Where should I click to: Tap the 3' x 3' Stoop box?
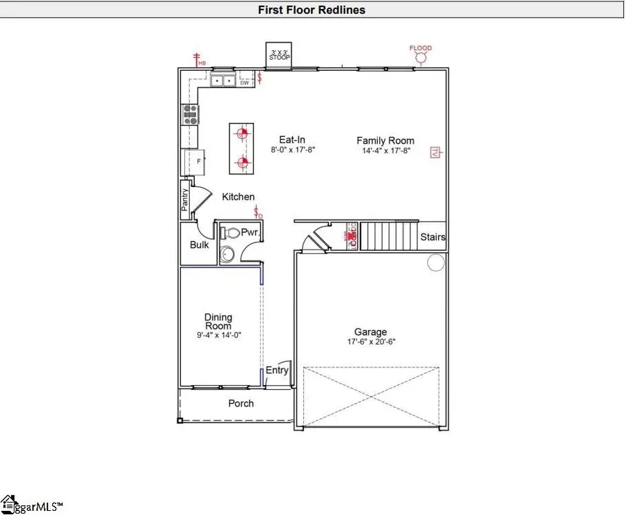280,55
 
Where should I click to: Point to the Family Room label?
385,140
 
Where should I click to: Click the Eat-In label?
293,140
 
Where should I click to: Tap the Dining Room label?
218,322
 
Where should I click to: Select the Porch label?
241,403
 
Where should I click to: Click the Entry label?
277,370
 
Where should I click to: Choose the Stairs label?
433,238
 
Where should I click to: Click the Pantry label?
185,200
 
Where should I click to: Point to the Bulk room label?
200,245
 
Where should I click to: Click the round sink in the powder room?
227,254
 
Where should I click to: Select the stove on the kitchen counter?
190,114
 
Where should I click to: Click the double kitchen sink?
224,81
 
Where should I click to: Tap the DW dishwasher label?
244,83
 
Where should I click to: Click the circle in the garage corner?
435,262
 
